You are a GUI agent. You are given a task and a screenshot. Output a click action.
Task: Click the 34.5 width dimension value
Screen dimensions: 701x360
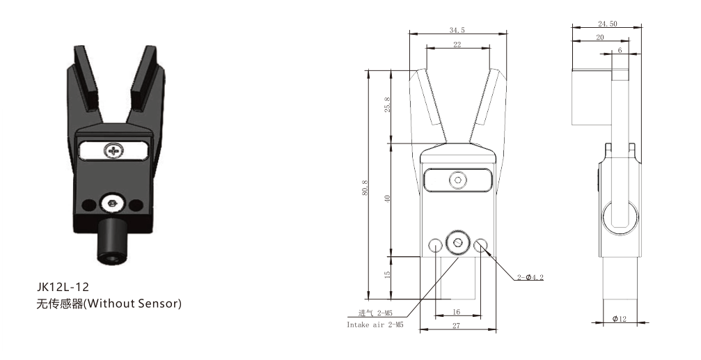(x=457, y=30)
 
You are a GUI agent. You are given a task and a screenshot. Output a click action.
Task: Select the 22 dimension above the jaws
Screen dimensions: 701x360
(x=457, y=45)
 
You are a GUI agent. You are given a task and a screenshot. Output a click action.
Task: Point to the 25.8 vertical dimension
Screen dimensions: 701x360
(x=387, y=104)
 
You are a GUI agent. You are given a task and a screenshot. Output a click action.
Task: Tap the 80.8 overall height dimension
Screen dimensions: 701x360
(x=365, y=187)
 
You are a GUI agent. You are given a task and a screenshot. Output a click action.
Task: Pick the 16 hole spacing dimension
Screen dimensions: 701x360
(x=456, y=312)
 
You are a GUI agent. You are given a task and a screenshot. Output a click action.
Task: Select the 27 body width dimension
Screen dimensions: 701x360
(x=456, y=326)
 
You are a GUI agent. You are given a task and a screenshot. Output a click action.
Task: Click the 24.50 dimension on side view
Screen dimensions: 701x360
(x=607, y=24)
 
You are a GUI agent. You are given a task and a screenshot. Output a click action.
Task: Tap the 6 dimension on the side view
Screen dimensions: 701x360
(x=620, y=51)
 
